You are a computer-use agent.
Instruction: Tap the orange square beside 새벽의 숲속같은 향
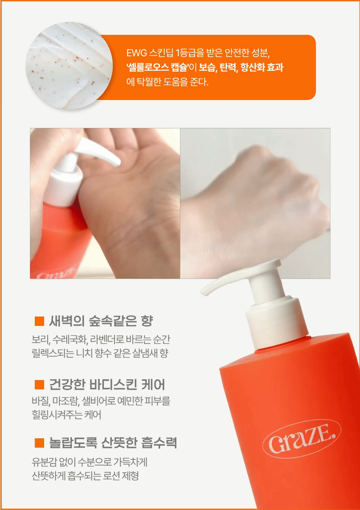pos(39,321)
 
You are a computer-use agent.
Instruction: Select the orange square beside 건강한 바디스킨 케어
pos(39,385)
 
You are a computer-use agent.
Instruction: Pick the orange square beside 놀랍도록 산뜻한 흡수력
pos(39,443)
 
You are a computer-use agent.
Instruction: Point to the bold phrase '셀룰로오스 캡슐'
pos(157,67)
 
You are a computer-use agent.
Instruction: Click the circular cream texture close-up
pos(69,66)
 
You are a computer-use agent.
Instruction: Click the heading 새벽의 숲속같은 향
pos(101,321)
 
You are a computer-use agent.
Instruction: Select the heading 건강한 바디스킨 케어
pos(107,385)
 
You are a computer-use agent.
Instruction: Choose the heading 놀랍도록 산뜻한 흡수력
pos(113,443)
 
